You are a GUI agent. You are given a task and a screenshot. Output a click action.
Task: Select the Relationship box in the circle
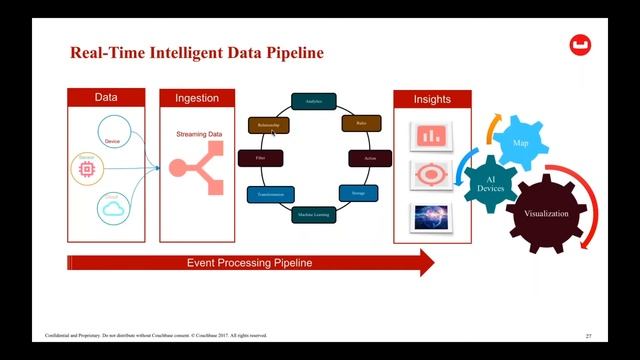click(267, 125)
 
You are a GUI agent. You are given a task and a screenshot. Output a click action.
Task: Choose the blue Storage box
click(357, 192)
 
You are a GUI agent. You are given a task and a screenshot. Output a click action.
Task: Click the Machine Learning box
click(312, 214)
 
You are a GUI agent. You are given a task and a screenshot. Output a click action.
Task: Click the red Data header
click(106, 98)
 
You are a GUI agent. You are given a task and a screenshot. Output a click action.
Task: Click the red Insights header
click(432, 99)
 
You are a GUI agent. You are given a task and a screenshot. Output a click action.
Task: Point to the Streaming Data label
click(199, 132)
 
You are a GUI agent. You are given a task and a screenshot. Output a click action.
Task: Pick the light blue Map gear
click(519, 144)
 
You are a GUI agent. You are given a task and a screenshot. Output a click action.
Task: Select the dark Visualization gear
click(546, 214)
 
